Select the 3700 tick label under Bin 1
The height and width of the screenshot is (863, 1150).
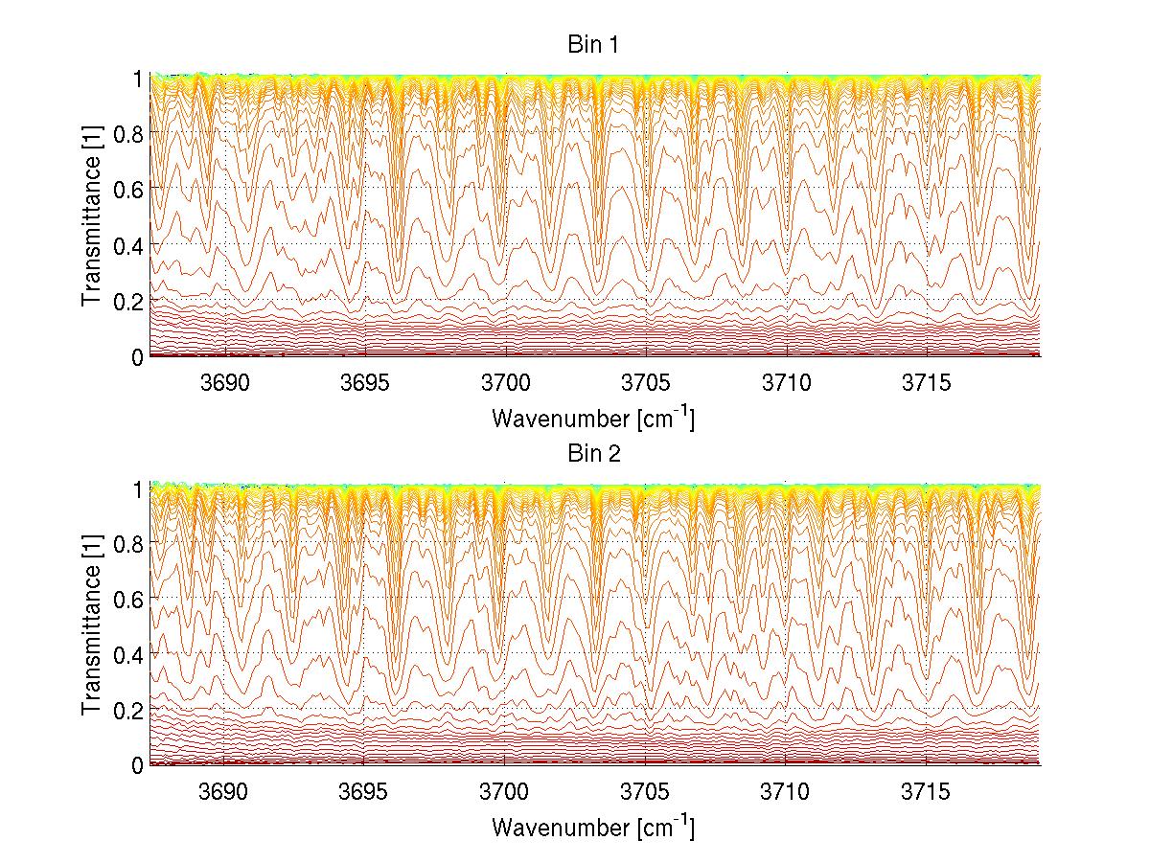tap(505, 383)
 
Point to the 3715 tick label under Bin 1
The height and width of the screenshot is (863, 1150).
tap(927, 383)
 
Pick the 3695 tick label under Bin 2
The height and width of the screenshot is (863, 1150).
tap(365, 792)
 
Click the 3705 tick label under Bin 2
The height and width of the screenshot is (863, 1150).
tap(646, 792)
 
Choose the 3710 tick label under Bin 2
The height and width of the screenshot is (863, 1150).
tap(786, 792)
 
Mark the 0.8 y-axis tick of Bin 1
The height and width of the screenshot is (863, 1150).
tap(128, 132)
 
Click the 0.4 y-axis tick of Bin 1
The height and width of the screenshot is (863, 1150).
tap(128, 244)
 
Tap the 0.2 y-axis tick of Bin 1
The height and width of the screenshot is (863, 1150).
tap(128, 300)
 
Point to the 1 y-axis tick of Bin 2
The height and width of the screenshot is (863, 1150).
tap(137, 488)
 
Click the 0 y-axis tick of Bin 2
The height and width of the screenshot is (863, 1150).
tap(137, 764)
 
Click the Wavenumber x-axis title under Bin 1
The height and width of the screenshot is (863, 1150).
tap(593, 418)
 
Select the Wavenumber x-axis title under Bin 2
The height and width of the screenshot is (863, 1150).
tap(593, 827)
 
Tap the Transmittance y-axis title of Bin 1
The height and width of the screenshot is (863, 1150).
tap(92, 216)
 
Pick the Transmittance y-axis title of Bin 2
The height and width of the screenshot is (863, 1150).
tap(92, 625)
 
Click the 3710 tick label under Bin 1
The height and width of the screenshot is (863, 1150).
tap(786, 383)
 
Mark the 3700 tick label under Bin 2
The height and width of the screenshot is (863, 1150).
tap(505, 792)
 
